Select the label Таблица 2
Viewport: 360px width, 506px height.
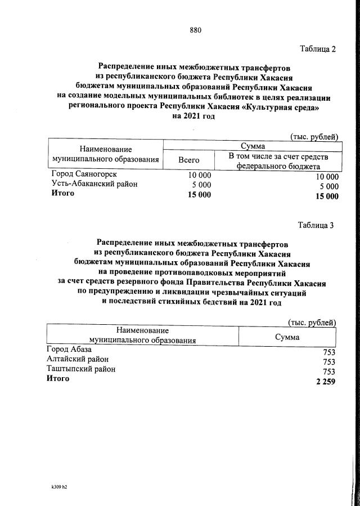pos(317,49)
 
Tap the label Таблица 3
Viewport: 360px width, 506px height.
pos(316,225)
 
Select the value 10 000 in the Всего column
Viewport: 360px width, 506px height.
pos(200,175)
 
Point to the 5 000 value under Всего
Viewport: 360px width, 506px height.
pos(202,185)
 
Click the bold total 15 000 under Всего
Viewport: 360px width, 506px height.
pos(200,195)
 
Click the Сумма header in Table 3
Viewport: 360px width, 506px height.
pos(287,337)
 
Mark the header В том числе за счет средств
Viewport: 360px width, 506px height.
pos(278,156)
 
